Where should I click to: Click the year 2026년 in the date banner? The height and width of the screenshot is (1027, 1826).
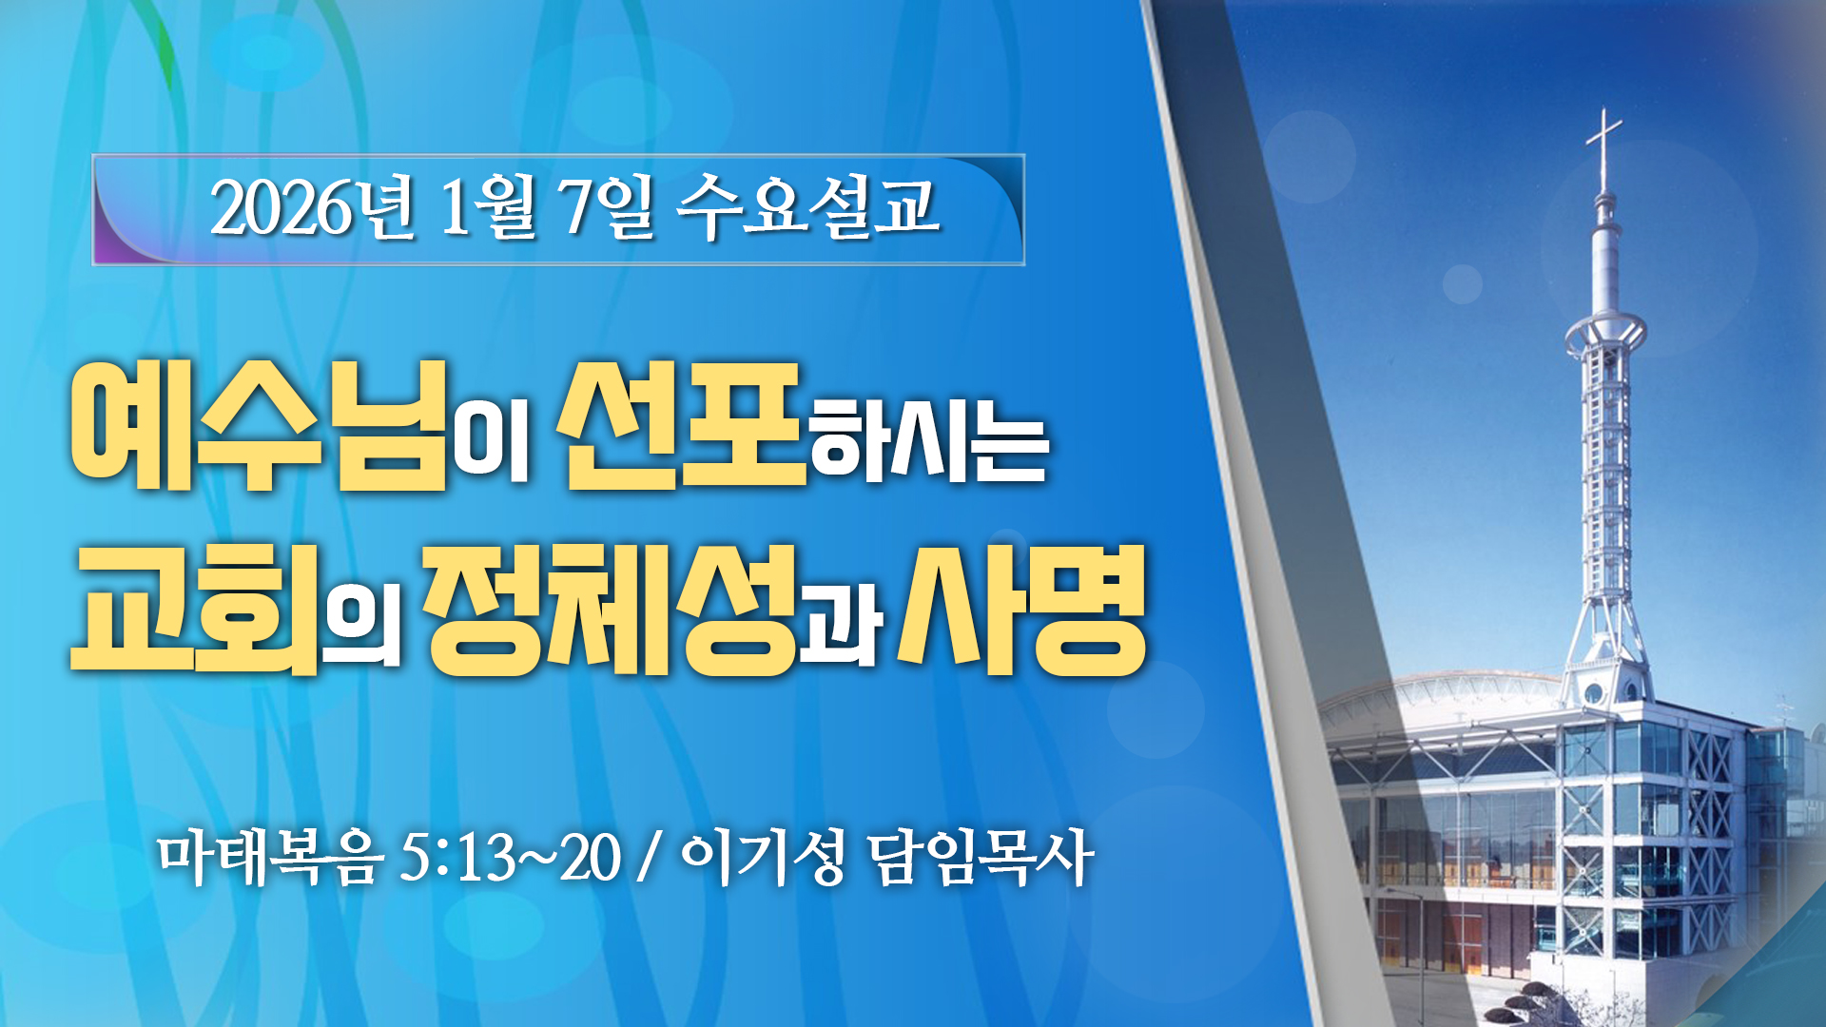pos(313,207)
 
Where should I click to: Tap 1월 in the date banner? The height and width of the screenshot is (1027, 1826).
pos(487,207)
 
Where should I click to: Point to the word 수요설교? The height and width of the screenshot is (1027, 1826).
pos(808,207)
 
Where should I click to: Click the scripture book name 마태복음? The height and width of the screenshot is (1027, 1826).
pos(271,858)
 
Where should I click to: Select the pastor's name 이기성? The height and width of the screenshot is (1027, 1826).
pos(764,858)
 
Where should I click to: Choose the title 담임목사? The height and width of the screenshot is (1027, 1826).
pos(981,858)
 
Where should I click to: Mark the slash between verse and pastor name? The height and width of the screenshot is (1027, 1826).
pos(650,858)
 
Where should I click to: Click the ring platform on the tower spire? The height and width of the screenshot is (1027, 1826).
pos(1605,333)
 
